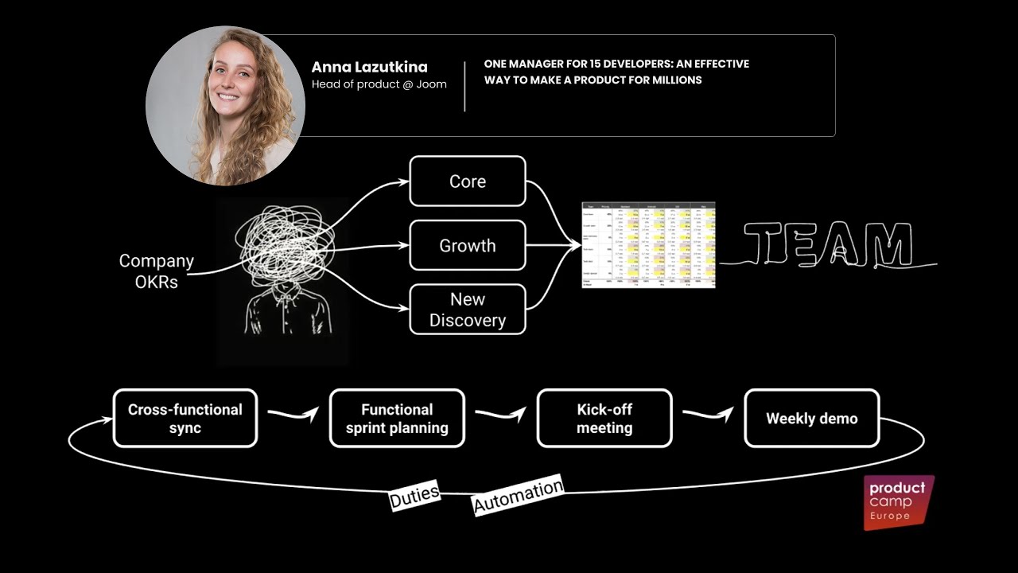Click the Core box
click(x=468, y=181)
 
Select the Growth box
click(x=468, y=246)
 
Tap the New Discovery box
click(x=468, y=310)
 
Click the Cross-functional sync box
click(x=185, y=419)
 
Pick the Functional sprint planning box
click(x=397, y=419)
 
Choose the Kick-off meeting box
click(x=604, y=419)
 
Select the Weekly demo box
click(x=812, y=419)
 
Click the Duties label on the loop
click(x=414, y=496)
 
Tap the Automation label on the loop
click(x=519, y=495)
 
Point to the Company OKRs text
click(x=157, y=271)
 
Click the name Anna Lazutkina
click(x=369, y=67)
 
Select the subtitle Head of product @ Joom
click(x=379, y=84)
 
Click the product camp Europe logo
click(x=899, y=501)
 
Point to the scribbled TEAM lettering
click(x=827, y=244)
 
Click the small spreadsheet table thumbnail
click(x=648, y=245)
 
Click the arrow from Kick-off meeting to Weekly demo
click(x=708, y=415)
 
